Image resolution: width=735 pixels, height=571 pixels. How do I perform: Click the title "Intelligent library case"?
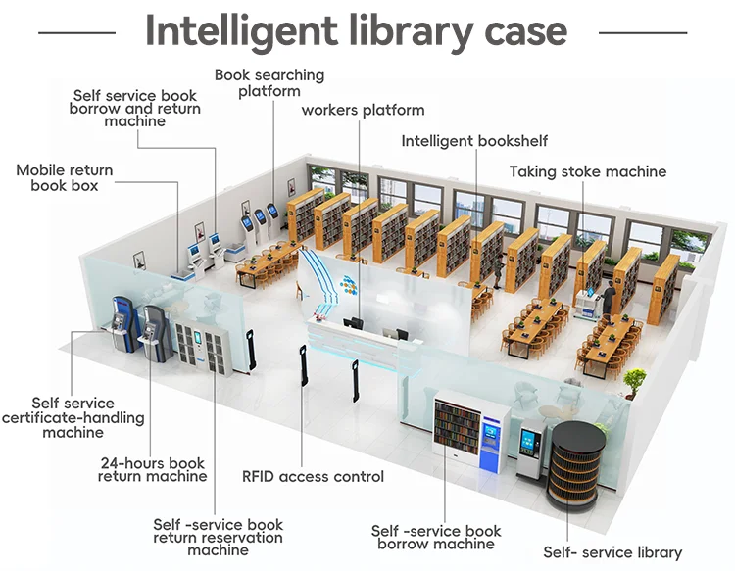356,31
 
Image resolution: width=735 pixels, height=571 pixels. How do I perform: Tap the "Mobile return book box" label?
65,177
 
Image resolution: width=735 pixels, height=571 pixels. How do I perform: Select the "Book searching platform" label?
269,82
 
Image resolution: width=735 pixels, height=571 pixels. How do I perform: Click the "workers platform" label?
363,110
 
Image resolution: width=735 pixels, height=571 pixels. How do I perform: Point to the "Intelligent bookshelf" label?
474,141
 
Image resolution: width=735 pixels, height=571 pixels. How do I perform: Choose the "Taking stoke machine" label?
587,171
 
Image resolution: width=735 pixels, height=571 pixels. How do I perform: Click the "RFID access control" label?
313,477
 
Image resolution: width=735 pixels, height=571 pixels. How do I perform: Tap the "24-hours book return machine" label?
152,469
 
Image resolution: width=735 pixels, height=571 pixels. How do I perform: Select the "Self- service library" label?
612,552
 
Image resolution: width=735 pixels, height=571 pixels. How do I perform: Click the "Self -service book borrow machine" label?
436,537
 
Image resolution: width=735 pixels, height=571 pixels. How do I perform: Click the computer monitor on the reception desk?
353,322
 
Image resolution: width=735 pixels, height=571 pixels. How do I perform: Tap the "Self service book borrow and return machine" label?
135,108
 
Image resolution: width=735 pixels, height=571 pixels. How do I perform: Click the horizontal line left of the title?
75,32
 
